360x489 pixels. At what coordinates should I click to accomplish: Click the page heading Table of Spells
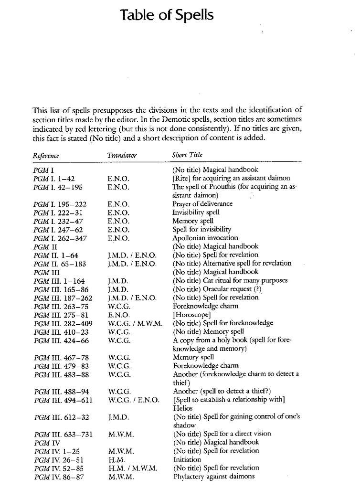167,16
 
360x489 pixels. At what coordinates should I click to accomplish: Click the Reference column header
46,156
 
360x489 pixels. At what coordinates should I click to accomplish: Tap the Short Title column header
187,156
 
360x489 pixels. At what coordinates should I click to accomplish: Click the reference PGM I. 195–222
60,204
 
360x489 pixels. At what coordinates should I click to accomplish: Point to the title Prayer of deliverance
202,204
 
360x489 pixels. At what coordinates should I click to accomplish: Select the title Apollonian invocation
205,238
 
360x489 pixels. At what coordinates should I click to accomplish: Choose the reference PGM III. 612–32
61,417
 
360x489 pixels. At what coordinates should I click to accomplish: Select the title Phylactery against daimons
213,477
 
